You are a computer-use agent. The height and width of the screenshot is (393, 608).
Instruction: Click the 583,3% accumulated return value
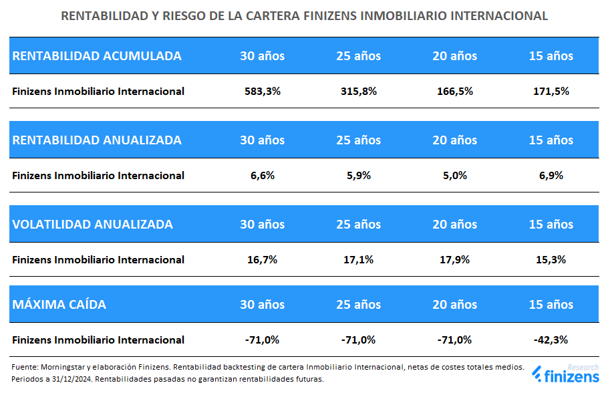coord(263,92)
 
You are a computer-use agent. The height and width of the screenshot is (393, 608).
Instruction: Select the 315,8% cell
coord(359,92)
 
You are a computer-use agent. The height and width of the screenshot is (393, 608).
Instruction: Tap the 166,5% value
coord(455,92)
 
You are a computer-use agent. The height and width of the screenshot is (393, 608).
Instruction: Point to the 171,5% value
coord(551,92)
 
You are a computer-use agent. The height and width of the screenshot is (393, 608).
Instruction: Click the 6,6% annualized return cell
coord(263,176)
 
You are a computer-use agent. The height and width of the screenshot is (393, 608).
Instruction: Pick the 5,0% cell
coord(455,176)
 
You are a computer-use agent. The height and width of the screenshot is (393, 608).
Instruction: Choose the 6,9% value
coord(551,176)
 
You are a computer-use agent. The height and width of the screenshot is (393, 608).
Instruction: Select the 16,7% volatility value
coord(263,260)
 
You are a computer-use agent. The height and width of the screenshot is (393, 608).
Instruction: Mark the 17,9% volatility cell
coord(455,260)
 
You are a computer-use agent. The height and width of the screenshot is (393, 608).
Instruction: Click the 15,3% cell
coord(551,260)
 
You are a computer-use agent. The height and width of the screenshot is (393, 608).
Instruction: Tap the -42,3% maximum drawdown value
coord(551,340)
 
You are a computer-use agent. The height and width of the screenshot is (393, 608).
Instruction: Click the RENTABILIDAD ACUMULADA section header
coord(97,56)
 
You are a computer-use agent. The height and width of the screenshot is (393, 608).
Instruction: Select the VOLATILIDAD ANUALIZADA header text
coord(93,225)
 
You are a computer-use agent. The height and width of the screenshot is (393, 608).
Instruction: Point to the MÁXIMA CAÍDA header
coord(59,305)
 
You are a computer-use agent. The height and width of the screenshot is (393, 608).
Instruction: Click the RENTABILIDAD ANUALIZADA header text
coord(97,140)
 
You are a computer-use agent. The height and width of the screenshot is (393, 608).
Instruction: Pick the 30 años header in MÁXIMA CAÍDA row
coord(263,305)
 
